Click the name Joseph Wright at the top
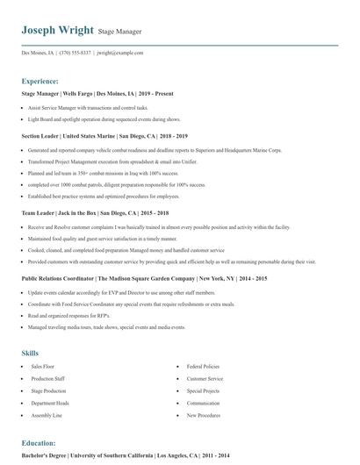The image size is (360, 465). click(x=56, y=30)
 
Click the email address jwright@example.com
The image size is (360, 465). click(x=119, y=53)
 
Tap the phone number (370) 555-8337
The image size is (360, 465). click(x=76, y=53)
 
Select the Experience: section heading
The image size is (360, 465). click(x=40, y=80)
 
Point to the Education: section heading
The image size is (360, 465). click(x=39, y=443)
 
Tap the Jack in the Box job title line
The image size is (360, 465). click(x=95, y=212)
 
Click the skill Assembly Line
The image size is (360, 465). click(x=47, y=415)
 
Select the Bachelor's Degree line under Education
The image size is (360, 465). click(x=126, y=456)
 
